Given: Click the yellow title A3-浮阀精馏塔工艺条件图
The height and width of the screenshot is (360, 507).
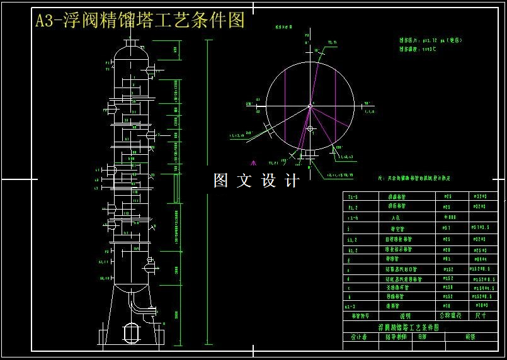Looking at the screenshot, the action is click(140, 21).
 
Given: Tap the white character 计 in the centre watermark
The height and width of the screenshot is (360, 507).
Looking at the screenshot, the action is click(292, 181).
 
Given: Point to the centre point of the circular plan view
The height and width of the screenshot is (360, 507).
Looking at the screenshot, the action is click(310, 106).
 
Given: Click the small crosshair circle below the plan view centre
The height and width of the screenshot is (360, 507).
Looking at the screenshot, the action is click(310, 128).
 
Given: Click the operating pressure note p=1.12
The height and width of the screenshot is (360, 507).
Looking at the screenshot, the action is click(431, 40).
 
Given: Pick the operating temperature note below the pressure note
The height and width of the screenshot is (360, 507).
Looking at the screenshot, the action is click(418, 49).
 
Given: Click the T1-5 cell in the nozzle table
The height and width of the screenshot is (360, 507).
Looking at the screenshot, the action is click(353, 197).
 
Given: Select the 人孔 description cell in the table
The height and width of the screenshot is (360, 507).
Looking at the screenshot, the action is click(396, 217).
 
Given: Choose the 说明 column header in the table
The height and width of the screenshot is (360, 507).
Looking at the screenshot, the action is click(406, 315).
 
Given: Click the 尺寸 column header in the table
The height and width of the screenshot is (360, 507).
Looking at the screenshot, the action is click(481, 315).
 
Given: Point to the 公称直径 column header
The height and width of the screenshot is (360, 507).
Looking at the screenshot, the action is click(450, 315).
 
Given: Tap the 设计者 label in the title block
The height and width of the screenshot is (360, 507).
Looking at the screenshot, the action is click(359, 337).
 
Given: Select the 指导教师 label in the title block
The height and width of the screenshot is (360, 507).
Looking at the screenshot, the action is click(396, 337).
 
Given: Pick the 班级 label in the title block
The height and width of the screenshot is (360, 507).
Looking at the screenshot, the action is click(470, 337).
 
